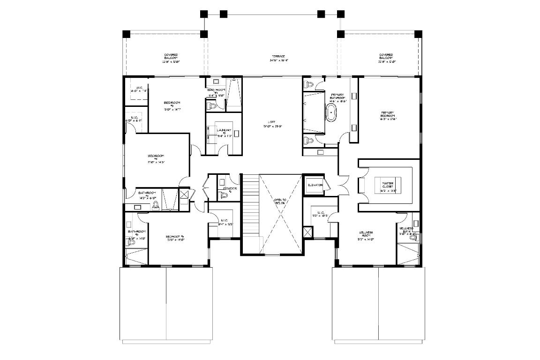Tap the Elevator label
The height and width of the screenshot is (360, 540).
315,185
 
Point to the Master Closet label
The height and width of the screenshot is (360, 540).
388,183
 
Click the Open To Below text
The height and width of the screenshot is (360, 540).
280,202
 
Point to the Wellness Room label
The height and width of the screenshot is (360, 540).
366,233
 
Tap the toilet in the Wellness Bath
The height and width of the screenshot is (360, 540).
413,238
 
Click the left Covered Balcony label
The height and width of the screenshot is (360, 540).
171,56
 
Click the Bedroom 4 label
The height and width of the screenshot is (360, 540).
156,157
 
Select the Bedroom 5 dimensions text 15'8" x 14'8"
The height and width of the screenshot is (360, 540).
175,240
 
